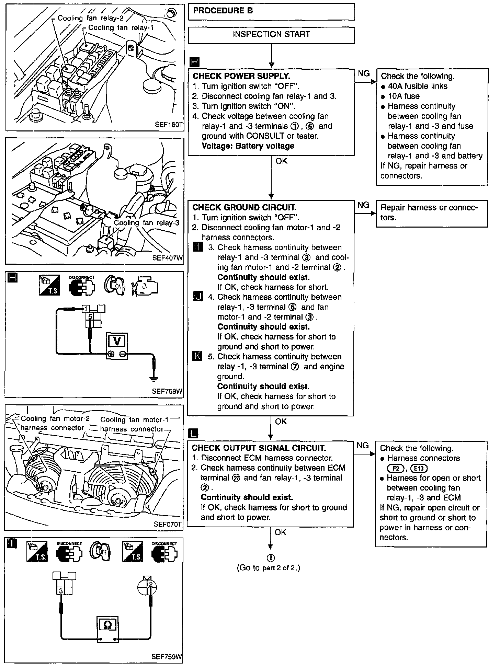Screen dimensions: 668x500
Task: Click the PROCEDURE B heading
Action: coord(223,11)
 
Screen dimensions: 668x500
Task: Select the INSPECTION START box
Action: coord(271,34)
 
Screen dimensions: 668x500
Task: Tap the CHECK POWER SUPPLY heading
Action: coord(241,76)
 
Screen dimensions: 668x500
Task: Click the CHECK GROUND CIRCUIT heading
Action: coord(244,207)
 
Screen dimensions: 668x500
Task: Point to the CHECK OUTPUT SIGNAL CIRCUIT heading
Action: coord(259,448)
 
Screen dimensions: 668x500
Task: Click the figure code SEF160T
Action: coord(168,125)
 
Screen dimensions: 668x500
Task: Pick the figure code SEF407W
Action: coord(168,258)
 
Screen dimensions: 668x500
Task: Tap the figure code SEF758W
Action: coord(167,392)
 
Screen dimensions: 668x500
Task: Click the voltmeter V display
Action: coord(117,341)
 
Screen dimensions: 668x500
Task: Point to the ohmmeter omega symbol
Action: coord(107,624)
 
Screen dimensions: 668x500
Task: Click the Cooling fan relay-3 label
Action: coord(146,223)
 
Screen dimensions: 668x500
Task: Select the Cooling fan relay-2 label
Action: coord(90,18)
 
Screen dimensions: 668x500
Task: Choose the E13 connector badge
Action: coord(418,468)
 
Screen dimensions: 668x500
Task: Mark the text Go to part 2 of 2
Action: coord(268,568)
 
